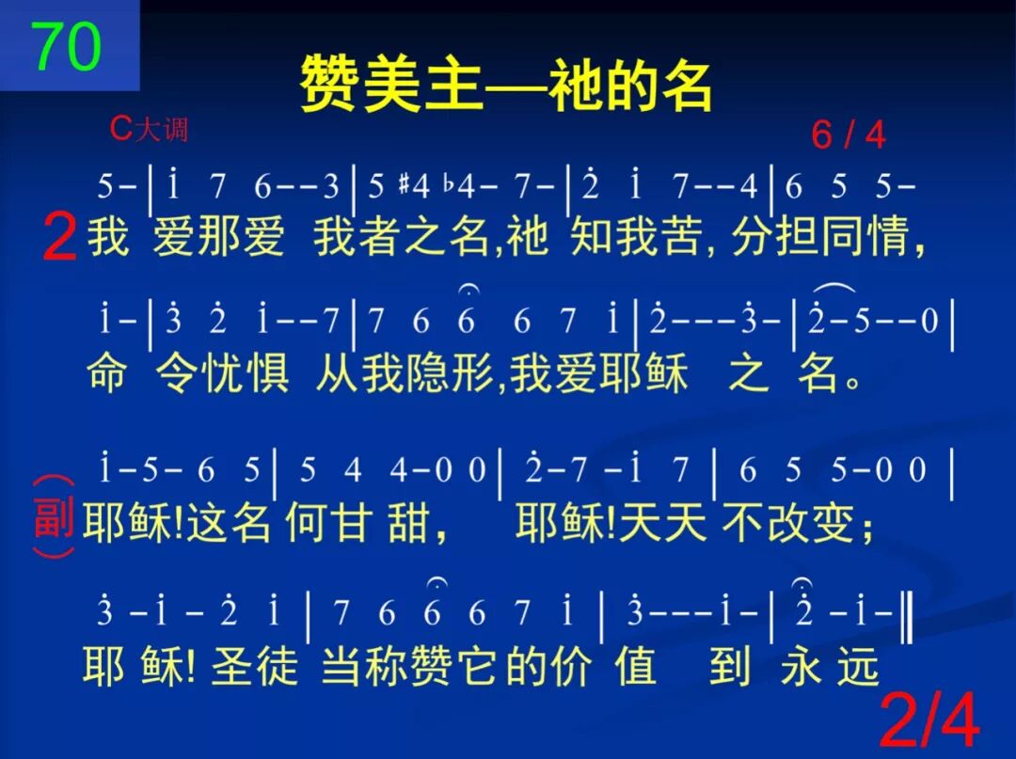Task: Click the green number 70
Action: click(66, 47)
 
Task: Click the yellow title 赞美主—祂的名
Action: click(506, 86)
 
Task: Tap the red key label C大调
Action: click(149, 128)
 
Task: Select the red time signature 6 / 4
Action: click(848, 135)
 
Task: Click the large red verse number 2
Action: click(59, 237)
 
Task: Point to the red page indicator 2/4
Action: click(929, 722)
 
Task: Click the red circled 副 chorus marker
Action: click(53, 516)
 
